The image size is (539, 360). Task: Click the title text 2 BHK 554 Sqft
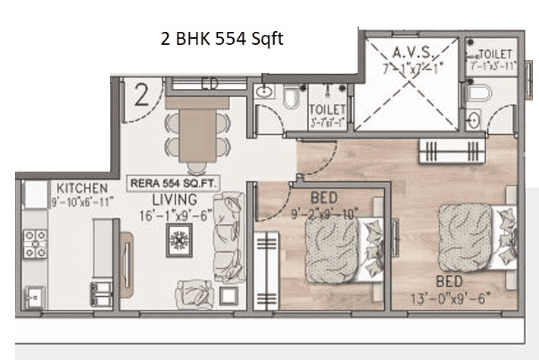pyautogui.click(x=222, y=39)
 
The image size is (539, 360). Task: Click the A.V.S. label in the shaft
pyautogui.click(x=413, y=52)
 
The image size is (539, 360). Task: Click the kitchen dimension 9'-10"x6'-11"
pyautogui.click(x=82, y=202)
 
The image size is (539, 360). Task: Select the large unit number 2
pyautogui.click(x=140, y=96)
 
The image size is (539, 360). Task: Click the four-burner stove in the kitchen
pyautogui.click(x=36, y=243)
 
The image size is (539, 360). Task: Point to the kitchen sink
pyautogui.click(x=33, y=296)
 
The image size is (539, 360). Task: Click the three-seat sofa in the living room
pyautogui.click(x=228, y=238)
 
